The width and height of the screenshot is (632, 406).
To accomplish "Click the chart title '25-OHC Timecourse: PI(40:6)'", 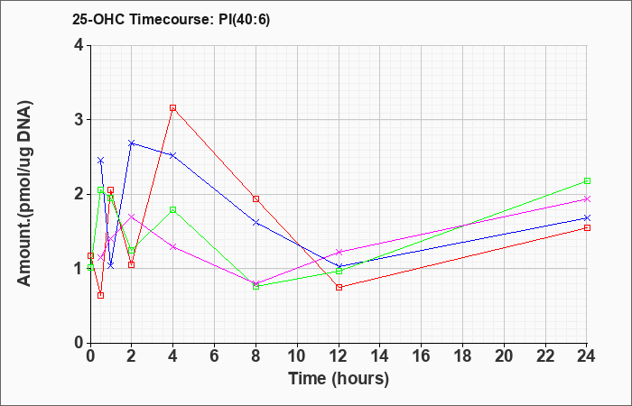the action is [x=171, y=19].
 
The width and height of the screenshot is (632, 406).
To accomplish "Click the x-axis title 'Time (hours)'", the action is [x=339, y=379].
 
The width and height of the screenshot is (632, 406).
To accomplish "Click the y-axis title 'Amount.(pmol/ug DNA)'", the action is [x=25, y=194].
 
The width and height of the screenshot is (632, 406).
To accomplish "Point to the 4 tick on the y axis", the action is [x=79, y=45].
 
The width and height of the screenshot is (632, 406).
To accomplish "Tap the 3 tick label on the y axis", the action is [x=79, y=120].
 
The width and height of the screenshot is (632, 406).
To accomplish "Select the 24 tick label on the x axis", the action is [x=587, y=355].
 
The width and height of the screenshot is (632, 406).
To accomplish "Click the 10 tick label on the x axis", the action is [x=297, y=355].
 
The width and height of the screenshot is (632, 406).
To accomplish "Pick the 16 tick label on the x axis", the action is [x=422, y=355].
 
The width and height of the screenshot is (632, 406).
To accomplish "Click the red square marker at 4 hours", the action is [x=173, y=108].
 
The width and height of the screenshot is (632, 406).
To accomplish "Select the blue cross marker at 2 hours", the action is [x=132, y=143].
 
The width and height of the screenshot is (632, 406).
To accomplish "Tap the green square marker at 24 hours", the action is [x=587, y=180].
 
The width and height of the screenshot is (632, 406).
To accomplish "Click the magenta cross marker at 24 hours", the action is [x=587, y=199].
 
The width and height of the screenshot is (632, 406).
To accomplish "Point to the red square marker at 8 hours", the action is [x=256, y=199].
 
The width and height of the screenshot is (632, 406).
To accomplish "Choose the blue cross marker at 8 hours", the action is [x=256, y=222].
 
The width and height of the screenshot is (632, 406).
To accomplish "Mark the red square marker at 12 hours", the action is [x=339, y=287].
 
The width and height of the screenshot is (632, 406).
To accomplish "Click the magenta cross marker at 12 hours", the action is [x=339, y=252].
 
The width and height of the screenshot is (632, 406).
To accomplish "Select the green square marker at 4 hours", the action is [x=173, y=210].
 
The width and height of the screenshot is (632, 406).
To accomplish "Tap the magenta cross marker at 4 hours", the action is [x=173, y=246].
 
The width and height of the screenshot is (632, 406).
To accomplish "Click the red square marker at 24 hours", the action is [x=587, y=228].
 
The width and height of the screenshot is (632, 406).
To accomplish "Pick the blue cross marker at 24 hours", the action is [x=587, y=218].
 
